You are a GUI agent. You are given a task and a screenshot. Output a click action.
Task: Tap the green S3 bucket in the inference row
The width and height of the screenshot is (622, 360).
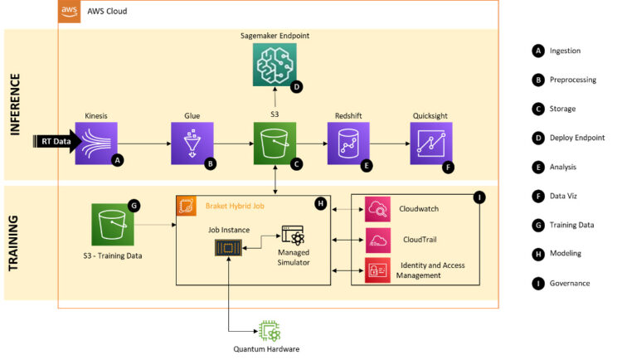click(275, 143)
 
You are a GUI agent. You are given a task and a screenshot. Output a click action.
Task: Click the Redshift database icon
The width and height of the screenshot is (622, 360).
click(346, 143)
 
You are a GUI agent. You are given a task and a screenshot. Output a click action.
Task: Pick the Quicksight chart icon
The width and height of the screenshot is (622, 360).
click(430, 143)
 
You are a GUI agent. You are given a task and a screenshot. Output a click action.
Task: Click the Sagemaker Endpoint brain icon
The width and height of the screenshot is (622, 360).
click(275, 62)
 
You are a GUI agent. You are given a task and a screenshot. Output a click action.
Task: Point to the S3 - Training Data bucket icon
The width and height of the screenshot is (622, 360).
click(113, 225)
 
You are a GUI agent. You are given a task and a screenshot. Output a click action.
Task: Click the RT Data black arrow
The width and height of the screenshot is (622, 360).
click(57, 142)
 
